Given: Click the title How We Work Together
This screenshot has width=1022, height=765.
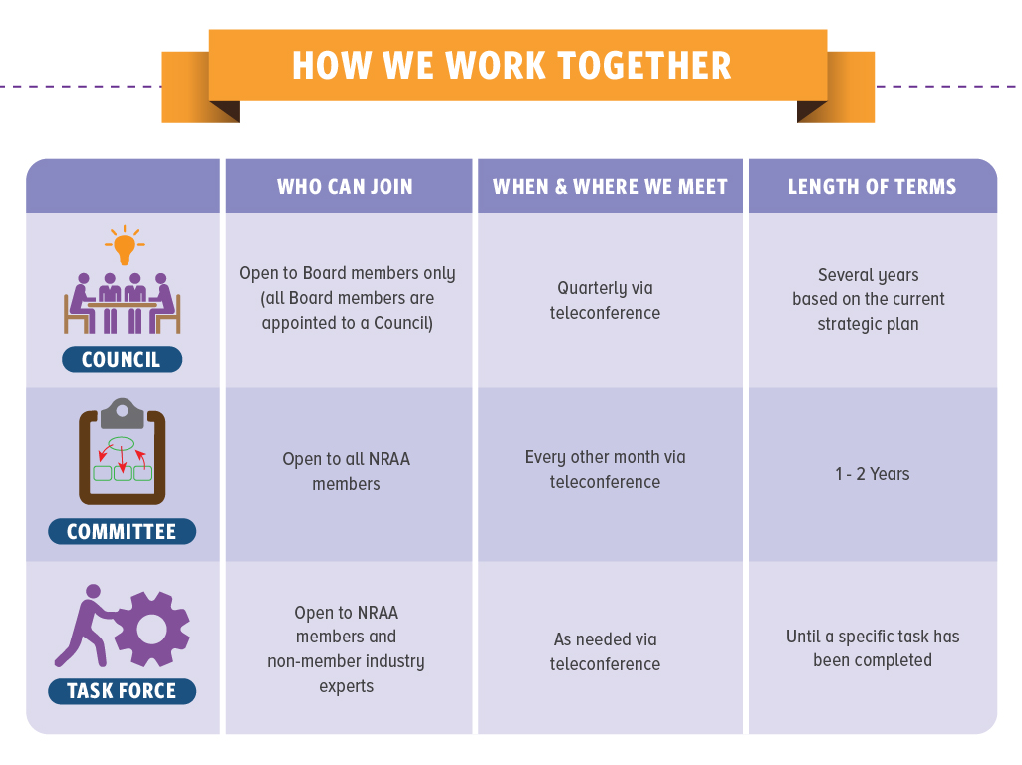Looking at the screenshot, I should (x=511, y=66).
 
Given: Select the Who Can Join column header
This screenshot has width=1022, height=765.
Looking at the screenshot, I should (x=345, y=186).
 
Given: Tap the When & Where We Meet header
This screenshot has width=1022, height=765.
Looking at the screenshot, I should (x=610, y=186).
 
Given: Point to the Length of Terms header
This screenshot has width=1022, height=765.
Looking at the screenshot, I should (x=872, y=186).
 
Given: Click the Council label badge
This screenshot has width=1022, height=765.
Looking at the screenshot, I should (x=122, y=360).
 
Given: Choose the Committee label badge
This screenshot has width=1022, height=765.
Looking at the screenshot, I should (x=122, y=532).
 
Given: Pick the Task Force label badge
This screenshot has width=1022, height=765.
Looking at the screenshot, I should (x=122, y=691).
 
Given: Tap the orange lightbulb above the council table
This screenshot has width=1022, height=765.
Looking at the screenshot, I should (x=124, y=244).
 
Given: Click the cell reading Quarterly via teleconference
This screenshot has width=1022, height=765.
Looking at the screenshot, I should (x=605, y=300).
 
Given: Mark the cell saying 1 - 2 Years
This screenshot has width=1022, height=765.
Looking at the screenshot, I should (x=873, y=474).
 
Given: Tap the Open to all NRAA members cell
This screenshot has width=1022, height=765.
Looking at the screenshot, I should (x=346, y=471).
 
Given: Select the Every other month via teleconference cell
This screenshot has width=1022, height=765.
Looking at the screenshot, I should (x=605, y=469).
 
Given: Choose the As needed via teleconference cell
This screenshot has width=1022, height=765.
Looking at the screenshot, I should (x=605, y=651).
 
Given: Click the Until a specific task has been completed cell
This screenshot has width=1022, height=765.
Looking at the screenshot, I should (x=873, y=647).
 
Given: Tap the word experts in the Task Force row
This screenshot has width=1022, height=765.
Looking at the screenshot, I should (x=346, y=686).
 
